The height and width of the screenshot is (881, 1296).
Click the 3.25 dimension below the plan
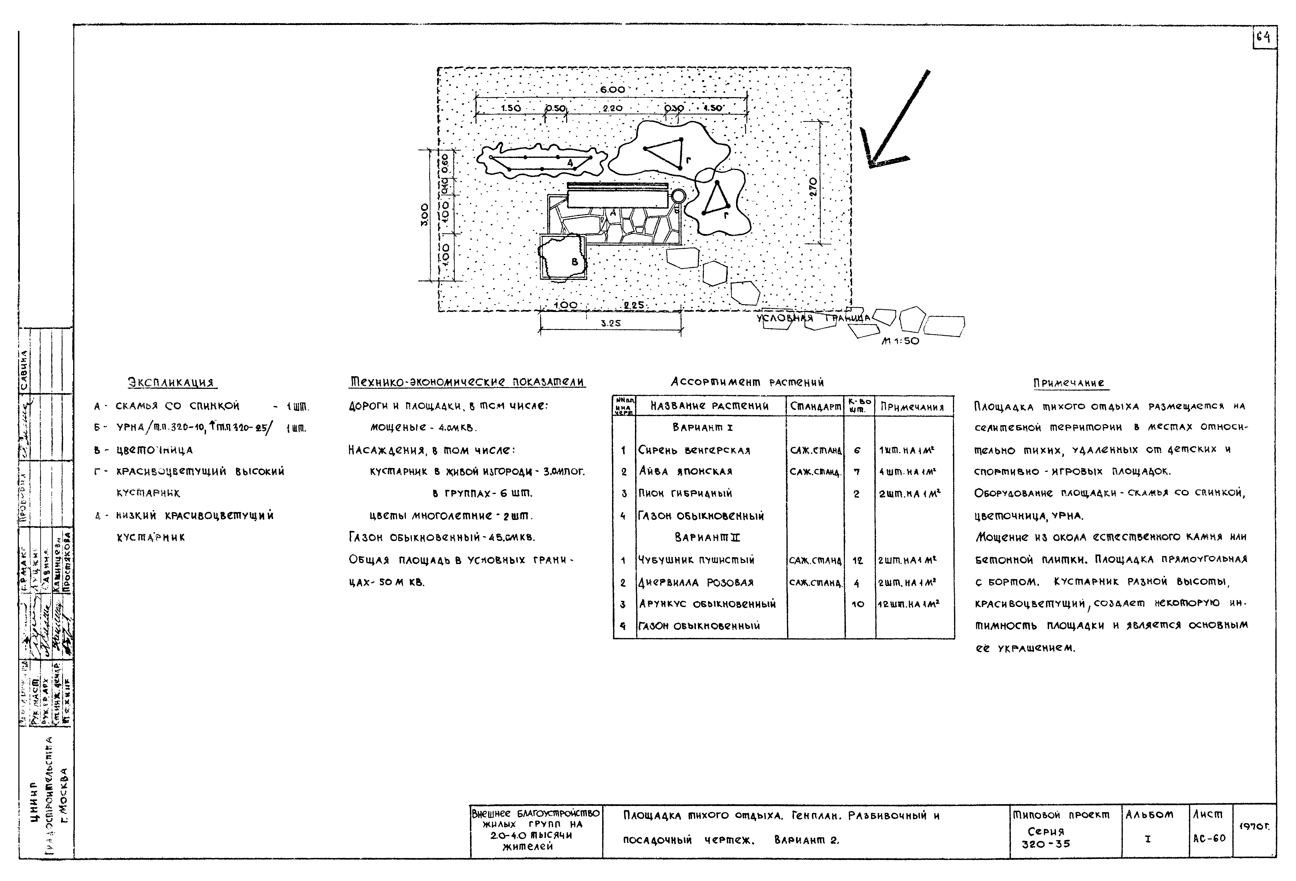click(x=611, y=323)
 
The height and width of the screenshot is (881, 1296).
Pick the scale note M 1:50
click(x=900, y=341)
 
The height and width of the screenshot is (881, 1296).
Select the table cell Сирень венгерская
click(x=694, y=450)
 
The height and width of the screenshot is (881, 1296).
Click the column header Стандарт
click(x=815, y=406)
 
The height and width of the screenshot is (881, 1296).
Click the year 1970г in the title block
click(x=1254, y=827)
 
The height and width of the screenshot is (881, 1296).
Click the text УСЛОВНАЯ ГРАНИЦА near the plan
click(x=812, y=318)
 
